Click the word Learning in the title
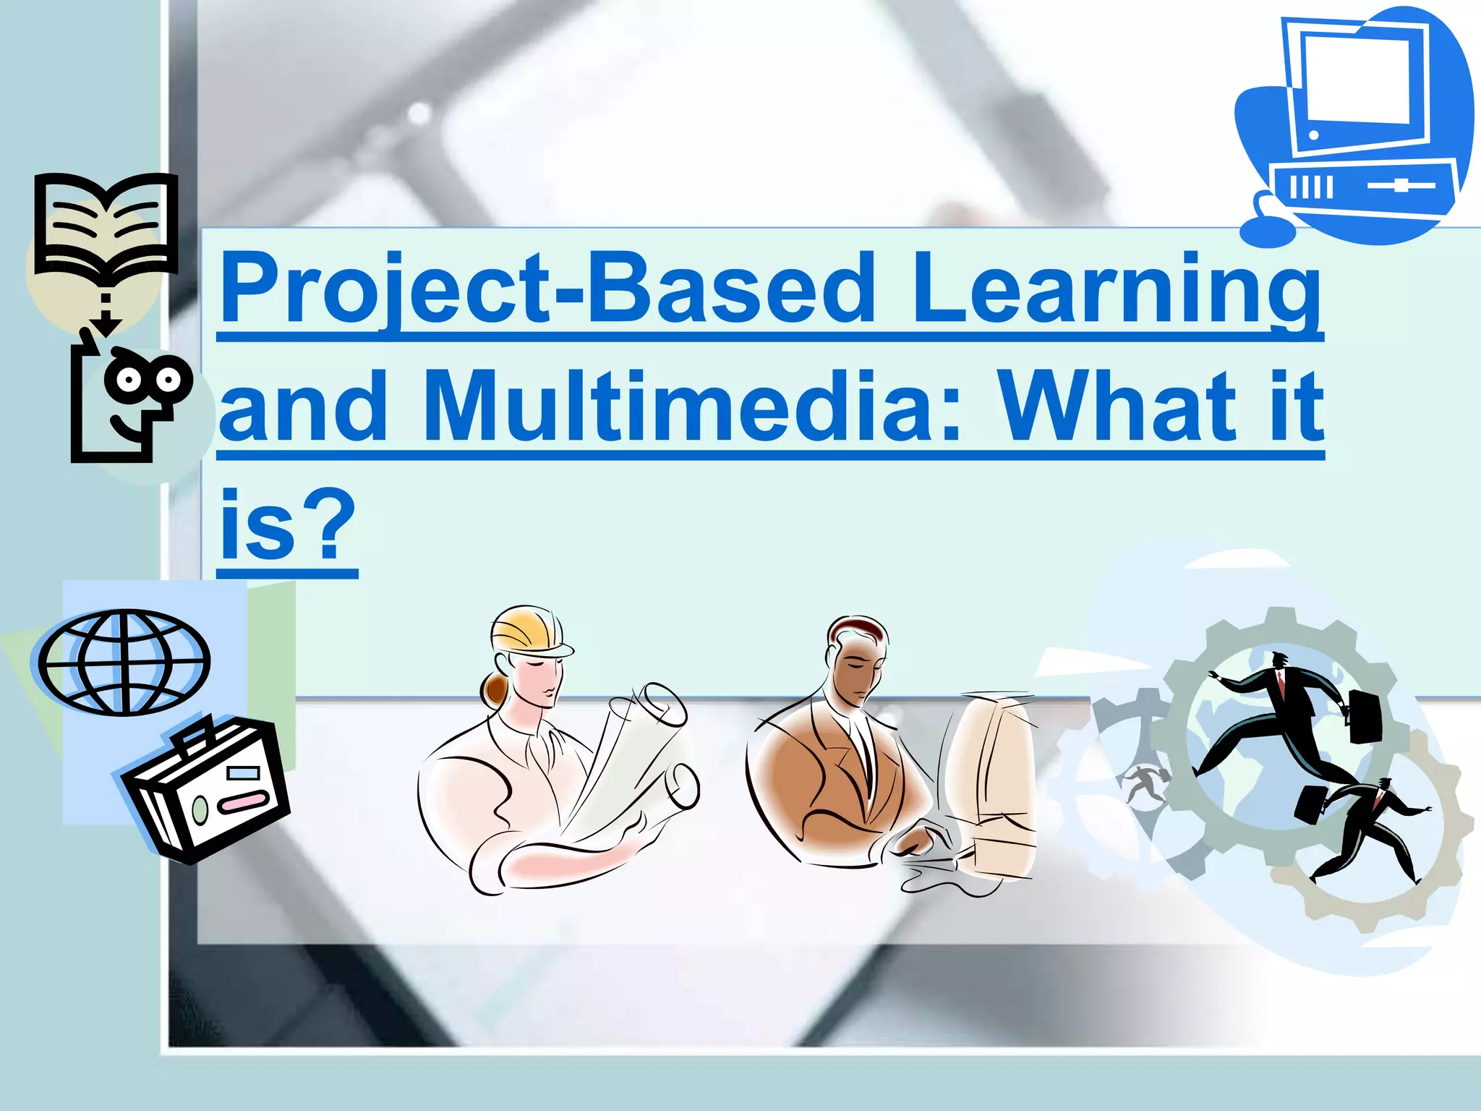(x=1117, y=289)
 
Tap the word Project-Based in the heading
(x=547, y=289)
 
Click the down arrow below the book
(x=106, y=318)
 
